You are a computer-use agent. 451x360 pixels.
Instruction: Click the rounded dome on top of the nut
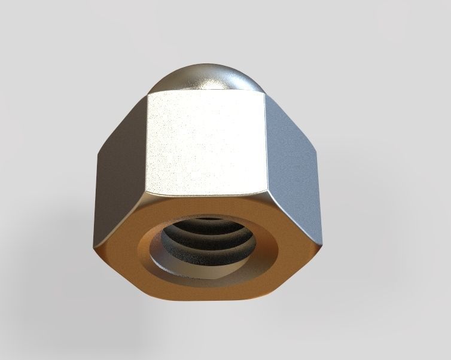point(206,77)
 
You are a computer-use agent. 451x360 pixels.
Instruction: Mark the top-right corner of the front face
point(265,94)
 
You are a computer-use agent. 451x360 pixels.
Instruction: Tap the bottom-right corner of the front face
point(264,194)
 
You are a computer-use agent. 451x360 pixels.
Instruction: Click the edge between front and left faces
point(147,144)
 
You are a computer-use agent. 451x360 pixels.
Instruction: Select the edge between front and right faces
point(264,144)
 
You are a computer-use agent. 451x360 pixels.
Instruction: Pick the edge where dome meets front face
point(206,93)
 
